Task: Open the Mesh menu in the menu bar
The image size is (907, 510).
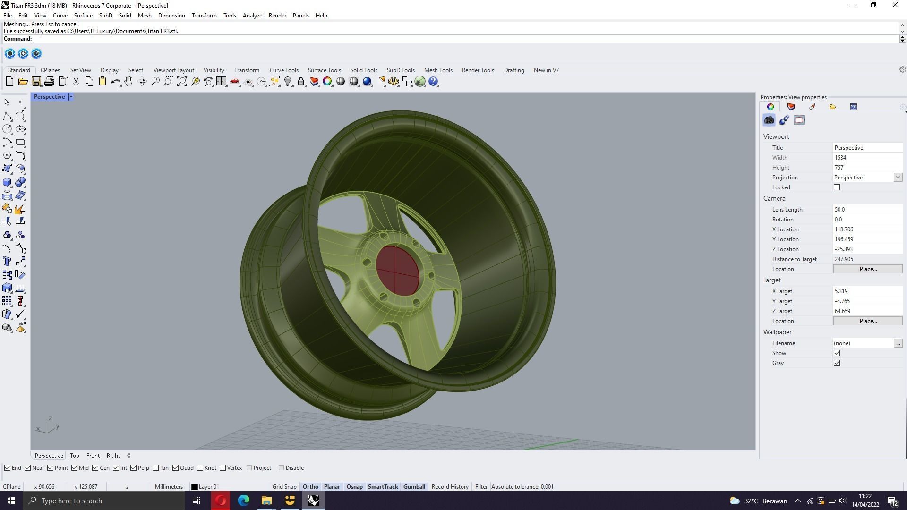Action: tap(145, 16)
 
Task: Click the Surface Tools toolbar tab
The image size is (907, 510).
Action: tap(324, 70)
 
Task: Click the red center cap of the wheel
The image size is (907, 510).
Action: tap(397, 271)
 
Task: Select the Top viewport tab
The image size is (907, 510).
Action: tap(74, 456)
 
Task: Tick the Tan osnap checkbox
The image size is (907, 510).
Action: tap(156, 468)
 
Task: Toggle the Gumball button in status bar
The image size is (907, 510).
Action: tap(414, 487)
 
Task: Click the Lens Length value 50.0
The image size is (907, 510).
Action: tap(867, 210)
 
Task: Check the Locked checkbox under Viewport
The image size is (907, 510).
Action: tap(837, 187)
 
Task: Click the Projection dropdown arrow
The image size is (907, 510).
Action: tap(898, 178)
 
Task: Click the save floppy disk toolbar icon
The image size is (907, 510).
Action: tap(36, 82)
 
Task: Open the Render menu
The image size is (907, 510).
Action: tap(277, 16)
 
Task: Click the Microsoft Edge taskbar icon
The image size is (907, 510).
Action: tap(243, 501)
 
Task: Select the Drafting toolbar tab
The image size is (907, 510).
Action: tap(513, 70)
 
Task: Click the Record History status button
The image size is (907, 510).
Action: tap(450, 487)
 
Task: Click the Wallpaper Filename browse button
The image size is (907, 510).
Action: tap(898, 343)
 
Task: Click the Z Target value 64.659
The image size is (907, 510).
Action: tap(867, 311)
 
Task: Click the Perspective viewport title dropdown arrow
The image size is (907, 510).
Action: tap(71, 97)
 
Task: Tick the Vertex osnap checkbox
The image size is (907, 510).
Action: tap(223, 468)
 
